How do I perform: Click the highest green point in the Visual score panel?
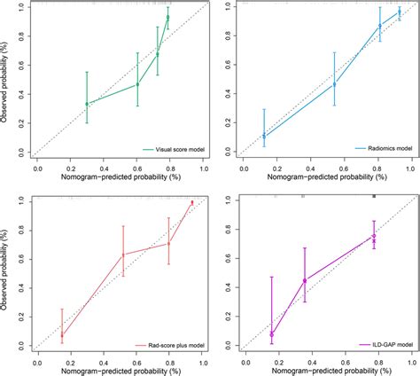tap(167, 17)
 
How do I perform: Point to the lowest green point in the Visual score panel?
tap(86, 104)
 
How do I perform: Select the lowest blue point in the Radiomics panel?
tap(264, 136)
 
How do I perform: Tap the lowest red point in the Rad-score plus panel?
tap(62, 335)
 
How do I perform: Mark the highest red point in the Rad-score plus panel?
tap(192, 202)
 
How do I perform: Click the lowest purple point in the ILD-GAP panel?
tap(272, 334)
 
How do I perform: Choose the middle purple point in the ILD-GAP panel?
tap(305, 280)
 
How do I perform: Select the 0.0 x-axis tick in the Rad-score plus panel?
tap(36, 360)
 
